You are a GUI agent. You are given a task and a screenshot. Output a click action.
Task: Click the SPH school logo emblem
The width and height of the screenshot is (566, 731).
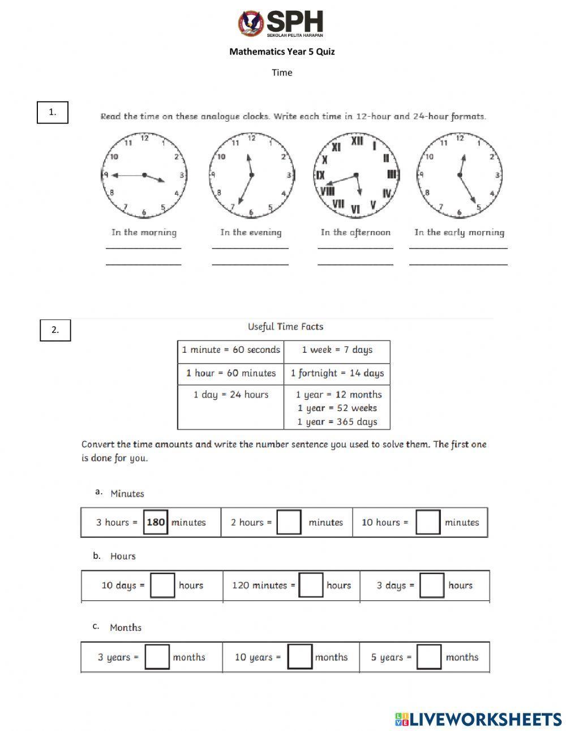click(x=251, y=24)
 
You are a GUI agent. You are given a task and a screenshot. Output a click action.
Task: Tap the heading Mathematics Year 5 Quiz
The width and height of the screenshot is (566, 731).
click(x=282, y=52)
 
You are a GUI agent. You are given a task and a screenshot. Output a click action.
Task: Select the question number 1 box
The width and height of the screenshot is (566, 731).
click(x=53, y=112)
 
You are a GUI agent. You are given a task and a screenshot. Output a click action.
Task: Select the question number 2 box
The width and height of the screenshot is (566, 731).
click(x=55, y=330)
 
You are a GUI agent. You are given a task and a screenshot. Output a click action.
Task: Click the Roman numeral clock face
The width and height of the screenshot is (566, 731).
click(x=357, y=176)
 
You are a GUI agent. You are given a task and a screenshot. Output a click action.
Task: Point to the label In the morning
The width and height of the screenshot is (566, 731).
click(x=144, y=232)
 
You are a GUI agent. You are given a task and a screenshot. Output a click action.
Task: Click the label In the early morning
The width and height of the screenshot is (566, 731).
click(x=459, y=232)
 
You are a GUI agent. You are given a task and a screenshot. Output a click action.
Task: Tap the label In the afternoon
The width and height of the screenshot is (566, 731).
click(x=355, y=232)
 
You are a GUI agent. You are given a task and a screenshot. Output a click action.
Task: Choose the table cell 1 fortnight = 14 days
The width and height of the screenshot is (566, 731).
click(x=337, y=373)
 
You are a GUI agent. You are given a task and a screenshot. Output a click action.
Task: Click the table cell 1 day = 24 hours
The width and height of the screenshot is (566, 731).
click(x=231, y=395)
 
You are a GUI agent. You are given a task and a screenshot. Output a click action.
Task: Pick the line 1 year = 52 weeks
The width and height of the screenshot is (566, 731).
click(x=337, y=408)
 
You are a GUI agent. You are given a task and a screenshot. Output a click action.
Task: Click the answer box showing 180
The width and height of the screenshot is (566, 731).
click(x=156, y=522)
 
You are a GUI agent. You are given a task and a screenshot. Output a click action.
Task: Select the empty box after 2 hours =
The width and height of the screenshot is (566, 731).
click(x=289, y=522)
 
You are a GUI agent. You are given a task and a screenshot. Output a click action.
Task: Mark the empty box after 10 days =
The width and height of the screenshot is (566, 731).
click(x=162, y=585)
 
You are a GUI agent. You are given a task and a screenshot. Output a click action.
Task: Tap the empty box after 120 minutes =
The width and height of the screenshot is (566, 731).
click(x=311, y=585)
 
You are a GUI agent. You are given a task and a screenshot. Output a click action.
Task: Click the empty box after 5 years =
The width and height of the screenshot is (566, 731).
click(x=428, y=657)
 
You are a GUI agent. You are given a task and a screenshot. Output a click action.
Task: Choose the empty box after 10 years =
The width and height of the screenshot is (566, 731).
click(x=300, y=657)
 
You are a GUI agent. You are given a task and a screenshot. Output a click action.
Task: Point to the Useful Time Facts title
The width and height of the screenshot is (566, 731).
click(x=285, y=327)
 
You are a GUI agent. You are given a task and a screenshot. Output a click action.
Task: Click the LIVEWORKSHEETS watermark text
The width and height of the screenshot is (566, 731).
click(x=485, y=719)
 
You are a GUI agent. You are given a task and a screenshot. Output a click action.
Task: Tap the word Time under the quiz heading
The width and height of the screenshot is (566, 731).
click(x=282, y=72)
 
